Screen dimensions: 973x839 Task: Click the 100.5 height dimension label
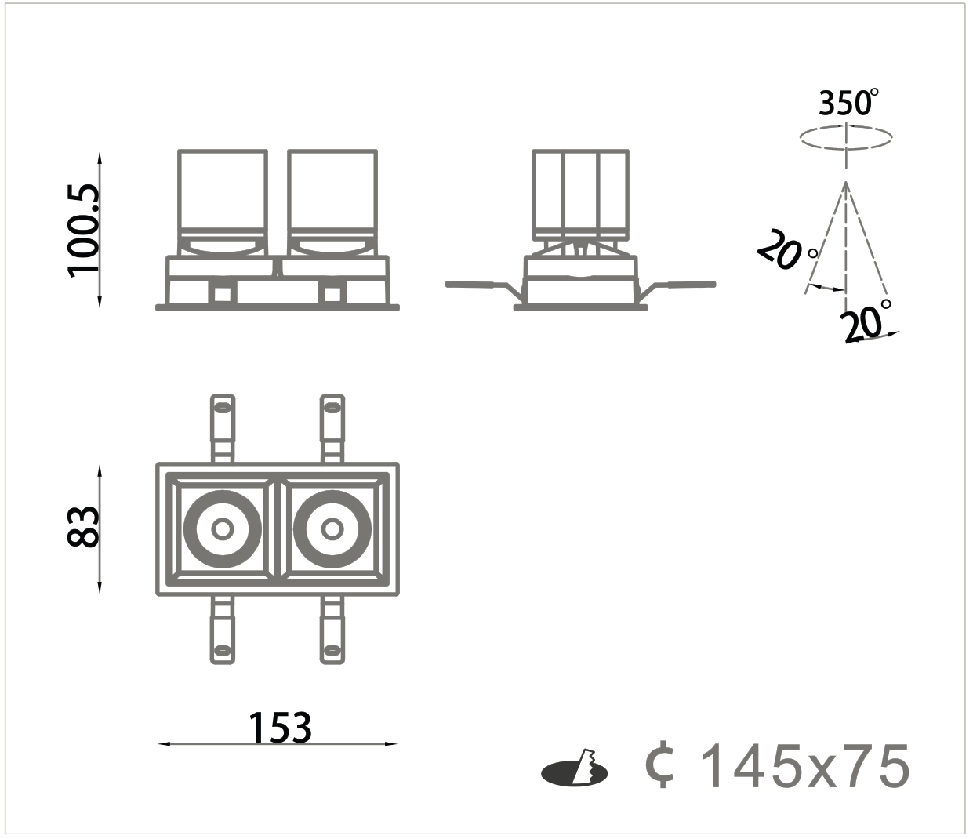tap(84, 231)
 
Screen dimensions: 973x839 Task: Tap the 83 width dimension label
tap(84, 526)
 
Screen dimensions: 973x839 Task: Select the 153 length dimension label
tap(280, 728)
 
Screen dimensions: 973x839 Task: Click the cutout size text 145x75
tap(805, 766)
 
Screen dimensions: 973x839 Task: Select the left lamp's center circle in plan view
tap(223, 528)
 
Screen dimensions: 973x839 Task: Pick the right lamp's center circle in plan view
tap(332, 528)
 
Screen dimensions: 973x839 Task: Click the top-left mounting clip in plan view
tap(223, 428)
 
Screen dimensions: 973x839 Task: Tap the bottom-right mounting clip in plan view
tap(332, 630)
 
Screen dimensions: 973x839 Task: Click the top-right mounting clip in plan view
tap(332, 428)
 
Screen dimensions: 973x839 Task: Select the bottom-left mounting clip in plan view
tap(223, 630)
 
